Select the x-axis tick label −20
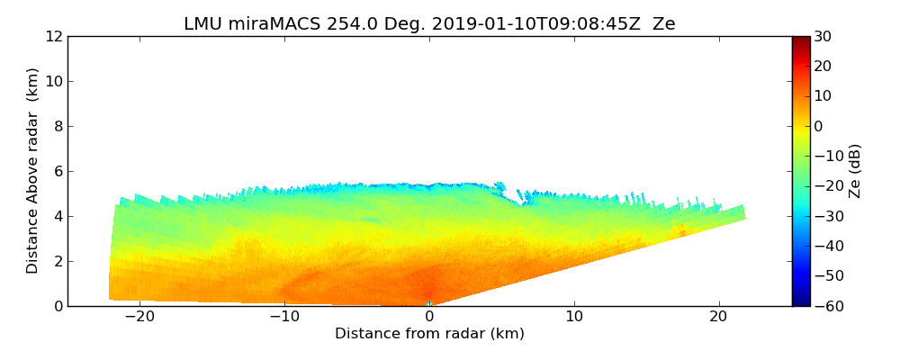coord(139,317)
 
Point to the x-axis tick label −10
coord(284,317)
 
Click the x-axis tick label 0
coord(429,317)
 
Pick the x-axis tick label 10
coord(574,317)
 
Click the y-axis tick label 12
coord(53,36)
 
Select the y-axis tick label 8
coord(57,126)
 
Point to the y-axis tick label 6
coord(57,171)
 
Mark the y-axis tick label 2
coord(57,261)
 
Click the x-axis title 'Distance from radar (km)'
coord(429,334)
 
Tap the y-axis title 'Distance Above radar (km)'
coord(33,171)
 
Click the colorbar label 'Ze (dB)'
coord(855,171)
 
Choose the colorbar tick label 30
coord(822,36)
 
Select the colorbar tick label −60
coord(825,306)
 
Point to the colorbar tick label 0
coord(818,126)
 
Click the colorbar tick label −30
coord(825,216)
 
